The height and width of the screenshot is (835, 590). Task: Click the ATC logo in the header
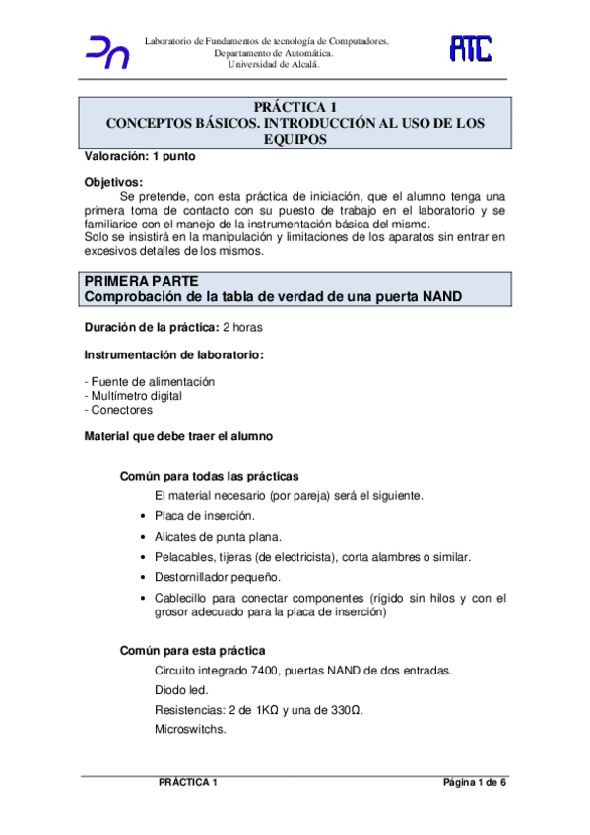[471, 49]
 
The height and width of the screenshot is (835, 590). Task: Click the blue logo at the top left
[108, 52]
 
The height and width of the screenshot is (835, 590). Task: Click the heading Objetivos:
[113, 181]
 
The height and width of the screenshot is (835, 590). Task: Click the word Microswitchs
[191, 730]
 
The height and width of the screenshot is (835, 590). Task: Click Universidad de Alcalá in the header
[267, 66]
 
